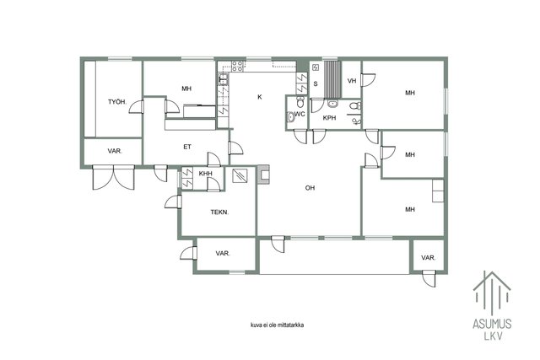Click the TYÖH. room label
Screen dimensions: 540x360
coord(117,102)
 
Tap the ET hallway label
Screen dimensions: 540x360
coord(187,147)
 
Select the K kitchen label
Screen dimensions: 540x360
coord(260,97)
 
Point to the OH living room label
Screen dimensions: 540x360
coord(310,188)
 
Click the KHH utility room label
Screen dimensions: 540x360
coord(206,174)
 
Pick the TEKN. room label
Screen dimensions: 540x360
coord(219,212)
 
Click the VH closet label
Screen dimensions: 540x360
coord(352,81)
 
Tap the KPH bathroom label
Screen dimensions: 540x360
coord(329,118)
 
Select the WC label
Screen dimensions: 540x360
coord(300,114)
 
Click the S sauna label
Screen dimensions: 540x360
coord(316,84)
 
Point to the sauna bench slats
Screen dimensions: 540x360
coord(332,79)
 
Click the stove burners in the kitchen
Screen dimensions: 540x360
coord(238,66)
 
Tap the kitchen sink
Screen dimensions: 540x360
coord(223,80)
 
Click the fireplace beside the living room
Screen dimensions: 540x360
coord(263,175)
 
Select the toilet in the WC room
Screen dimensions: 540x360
coord(300,101)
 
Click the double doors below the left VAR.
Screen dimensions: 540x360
coord(113,177)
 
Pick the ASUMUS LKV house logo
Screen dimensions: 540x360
coord(492,306)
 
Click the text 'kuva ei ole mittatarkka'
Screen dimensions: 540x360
coord(278,325)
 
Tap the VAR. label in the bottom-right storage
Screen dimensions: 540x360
coord(429,257)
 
